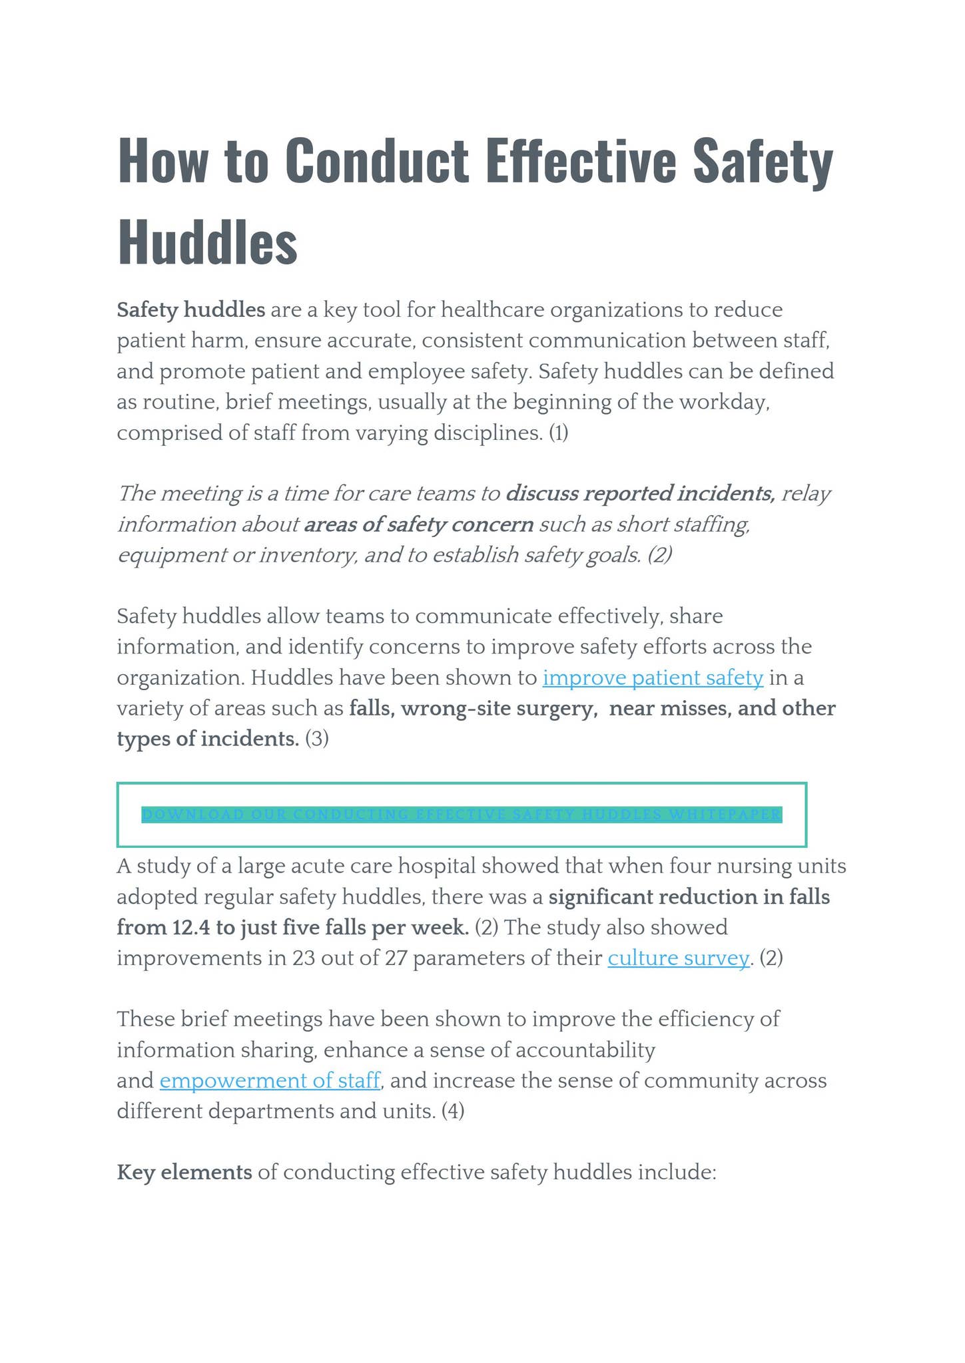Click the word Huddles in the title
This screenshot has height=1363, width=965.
click(x=207, y=241)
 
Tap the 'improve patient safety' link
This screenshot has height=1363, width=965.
click(x=653, y=678)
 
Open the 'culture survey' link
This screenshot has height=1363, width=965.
click(x=678, y=958)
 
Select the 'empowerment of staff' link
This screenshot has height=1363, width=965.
click(x=270, y=1079)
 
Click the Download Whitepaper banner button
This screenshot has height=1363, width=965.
click(x=462, y=815)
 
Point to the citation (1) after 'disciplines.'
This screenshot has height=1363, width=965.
click(x=558, y=433)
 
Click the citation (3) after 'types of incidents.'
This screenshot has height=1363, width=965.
click(x=317, y=739)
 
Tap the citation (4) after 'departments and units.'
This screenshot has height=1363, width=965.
click(x=453, y=1111)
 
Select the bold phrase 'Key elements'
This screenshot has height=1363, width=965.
click(x=184, y=1172)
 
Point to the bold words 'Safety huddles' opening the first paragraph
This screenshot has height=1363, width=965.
click(x=191, y=309)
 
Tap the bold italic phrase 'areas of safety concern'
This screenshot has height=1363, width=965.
click(x=419, y=524)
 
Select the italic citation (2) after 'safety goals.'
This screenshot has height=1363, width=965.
click(x=659, y=554)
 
